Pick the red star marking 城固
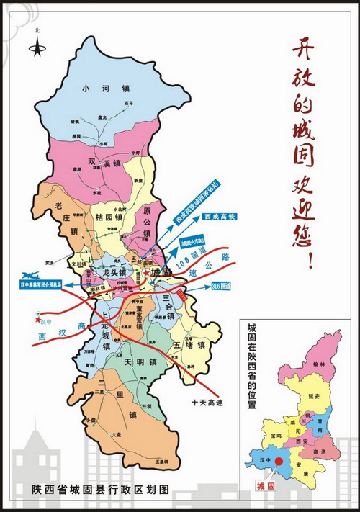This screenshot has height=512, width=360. [146, 274]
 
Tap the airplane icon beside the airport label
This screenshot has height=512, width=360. [31, 275]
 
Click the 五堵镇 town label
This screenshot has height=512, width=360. [189, 345]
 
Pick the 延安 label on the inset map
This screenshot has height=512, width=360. [313, 396]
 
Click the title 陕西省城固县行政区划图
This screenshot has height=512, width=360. [100, 489]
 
